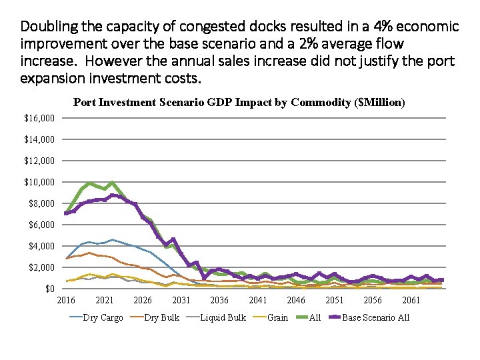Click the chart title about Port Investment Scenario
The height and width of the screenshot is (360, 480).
pos(239,103)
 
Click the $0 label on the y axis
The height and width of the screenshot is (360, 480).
pos(50,289)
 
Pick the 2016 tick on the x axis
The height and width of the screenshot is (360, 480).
pos(65,301)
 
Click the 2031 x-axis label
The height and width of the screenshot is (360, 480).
pos(181,301)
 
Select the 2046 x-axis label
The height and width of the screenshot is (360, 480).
pos(296,301)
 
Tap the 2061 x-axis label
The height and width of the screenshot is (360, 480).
pos(411,301)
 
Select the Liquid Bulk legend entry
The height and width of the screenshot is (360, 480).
pos(223,318)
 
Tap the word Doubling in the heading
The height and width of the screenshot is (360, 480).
pos(46,27)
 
